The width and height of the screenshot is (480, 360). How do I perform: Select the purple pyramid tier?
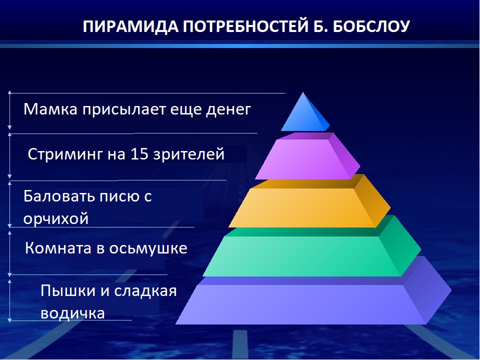click(x=307, y=156)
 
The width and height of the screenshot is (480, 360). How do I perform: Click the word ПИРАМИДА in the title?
click(x=130, y=26)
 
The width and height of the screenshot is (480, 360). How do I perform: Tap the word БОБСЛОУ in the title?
click(x=370, y=26)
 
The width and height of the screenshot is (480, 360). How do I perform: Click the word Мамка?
click(x=50, y=109)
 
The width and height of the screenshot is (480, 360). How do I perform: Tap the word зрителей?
click(x=189, y=154)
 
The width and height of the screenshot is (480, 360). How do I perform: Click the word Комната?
click(x=58, y=248)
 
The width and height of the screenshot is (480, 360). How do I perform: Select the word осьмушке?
click(x=148, y=248)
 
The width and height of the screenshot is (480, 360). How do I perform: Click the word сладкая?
click(x=145, y=291)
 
